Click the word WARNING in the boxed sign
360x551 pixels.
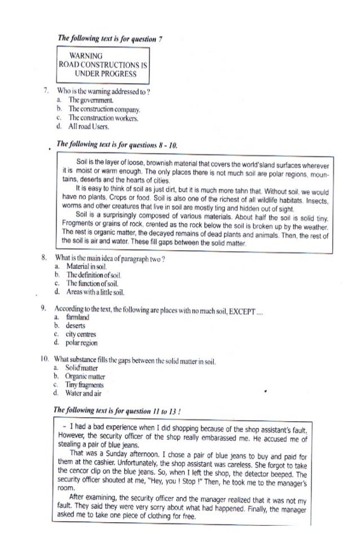(x=86, y=56)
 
